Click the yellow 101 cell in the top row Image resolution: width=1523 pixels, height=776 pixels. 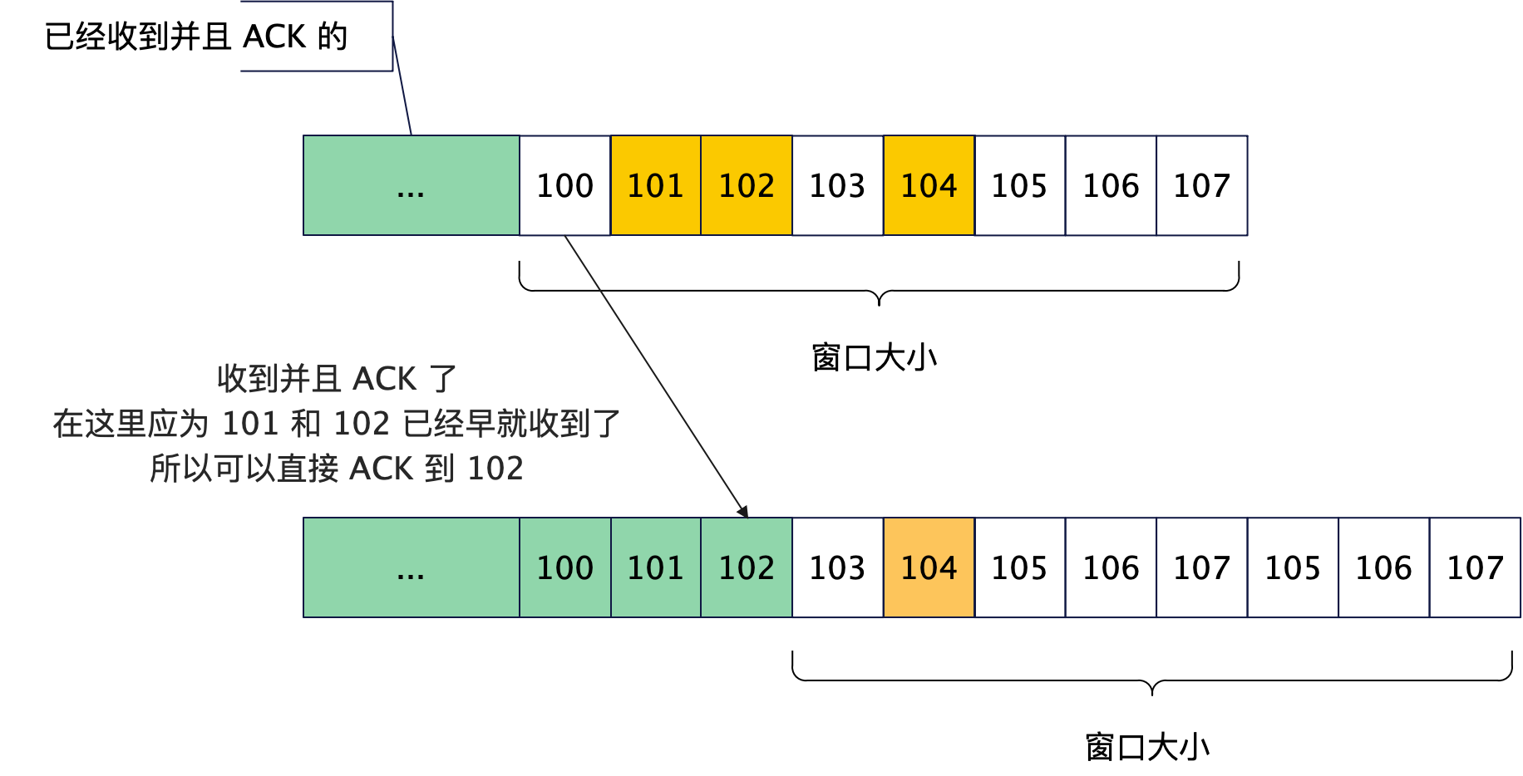[656, 185]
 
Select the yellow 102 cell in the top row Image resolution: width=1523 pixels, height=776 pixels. [747, 185]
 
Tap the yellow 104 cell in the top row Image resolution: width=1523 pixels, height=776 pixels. [929, 185]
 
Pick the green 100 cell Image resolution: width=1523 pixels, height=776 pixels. [565, 567]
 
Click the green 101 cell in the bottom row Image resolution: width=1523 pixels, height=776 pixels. [656, 567]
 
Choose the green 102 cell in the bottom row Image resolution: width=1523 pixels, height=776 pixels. [747, 567]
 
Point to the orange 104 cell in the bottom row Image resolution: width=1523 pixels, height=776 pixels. [929, 567]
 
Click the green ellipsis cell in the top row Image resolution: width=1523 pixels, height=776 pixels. [412, 185]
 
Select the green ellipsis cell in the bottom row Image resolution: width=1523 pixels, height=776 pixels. [412, 567]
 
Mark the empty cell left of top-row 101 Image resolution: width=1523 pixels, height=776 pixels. [565, 185]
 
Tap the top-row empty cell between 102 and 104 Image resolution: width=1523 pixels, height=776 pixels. [838, 185]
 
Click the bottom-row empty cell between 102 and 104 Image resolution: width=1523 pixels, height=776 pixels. [838, 567]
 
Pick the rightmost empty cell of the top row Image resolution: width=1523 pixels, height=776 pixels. [1202, 185]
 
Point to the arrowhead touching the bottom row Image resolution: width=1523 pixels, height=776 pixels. [743, 512]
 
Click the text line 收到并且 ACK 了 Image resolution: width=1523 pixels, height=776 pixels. [338, 379]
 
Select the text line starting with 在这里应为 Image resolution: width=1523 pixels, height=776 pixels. [338, 424]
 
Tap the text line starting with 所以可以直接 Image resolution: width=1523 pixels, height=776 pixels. [338, 469]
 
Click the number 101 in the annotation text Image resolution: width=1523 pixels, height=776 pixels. [249, 424]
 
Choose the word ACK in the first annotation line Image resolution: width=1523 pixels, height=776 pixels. [384, 379]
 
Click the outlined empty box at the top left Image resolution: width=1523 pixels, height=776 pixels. [317, 36]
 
